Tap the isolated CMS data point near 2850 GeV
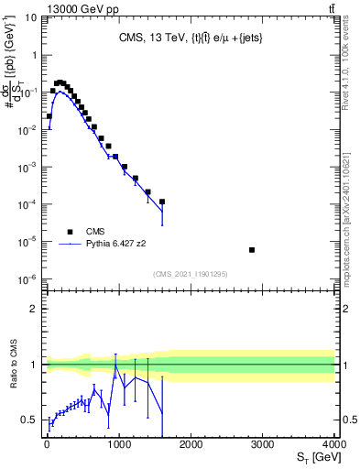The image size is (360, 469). pos(252,250)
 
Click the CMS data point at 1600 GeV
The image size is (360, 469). pos(161,202)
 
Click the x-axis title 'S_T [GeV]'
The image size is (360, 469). pos(311,456)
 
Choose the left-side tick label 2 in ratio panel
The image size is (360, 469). pos(35,309)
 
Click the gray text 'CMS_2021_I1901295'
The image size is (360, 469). pos(190,273)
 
